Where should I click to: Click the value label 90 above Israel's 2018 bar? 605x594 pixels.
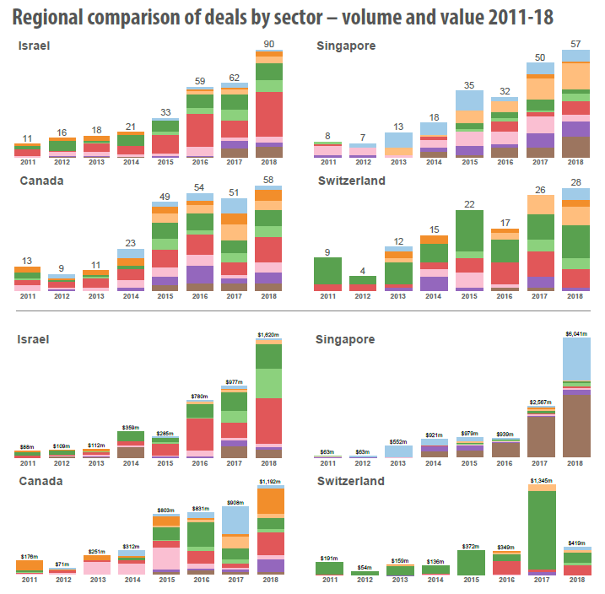(269, 44)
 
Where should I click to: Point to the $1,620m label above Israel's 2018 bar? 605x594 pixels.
(269, 335)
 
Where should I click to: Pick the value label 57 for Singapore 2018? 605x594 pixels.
(576, 44)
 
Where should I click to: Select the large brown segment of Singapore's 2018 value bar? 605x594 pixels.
(576, 426)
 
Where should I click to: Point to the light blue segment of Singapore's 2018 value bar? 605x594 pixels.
(576, 361)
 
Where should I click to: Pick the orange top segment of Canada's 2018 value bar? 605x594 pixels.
(269, 501)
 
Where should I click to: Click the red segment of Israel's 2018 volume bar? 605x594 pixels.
(269, 114)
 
